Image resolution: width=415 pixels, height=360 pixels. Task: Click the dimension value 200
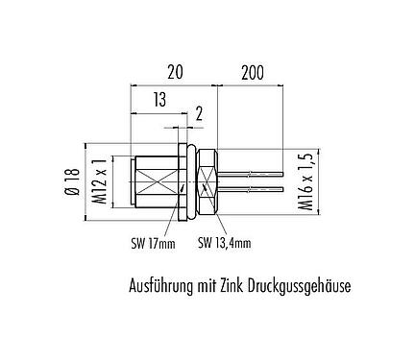[x=253, y=72]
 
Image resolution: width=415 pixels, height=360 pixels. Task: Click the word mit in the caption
[x=207, y=285]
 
